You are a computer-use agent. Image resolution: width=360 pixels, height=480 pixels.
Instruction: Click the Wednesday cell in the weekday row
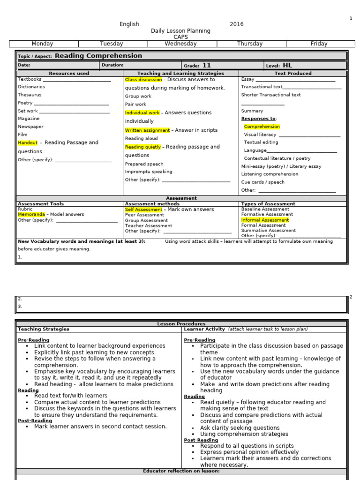pyautogui.click(x=180, y=44)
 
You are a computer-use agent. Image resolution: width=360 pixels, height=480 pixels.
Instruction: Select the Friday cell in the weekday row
pyautogui.click(x=319, y=44)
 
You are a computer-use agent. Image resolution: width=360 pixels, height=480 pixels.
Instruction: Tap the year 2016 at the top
pyautogui.click(x=237, y=24)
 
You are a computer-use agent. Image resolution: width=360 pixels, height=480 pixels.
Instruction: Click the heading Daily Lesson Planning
pyautogui.click(x=180, y=31)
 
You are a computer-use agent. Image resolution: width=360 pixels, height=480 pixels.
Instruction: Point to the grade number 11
pyautogui.click(x=206, y=66)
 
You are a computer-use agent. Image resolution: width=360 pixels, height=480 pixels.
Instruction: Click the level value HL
pyautogui.click(x=287, y=66)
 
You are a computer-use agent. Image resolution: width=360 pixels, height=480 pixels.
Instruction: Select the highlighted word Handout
pyautogui.click(x=28, y=142)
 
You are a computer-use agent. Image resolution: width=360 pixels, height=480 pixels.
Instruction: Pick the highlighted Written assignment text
pyautogui.click(x=147, y=130)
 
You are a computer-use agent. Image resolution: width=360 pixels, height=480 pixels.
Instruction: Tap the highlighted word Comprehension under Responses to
pyautogui.click(x=262, y=127)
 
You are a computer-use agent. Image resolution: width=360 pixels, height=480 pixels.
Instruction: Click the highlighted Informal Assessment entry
pyautogui.click(x=265, y=220)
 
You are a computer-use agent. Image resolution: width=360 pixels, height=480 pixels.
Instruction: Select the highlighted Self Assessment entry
pyautogui.click(x=143, y=210)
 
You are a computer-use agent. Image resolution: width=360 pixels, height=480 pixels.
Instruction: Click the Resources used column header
pyautogui.click(x=69, y=74)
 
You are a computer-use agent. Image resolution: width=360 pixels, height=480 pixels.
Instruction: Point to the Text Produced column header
pyautogui.click(x=293, y=74)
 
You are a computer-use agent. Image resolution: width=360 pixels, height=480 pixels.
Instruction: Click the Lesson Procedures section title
pyautogui.click(x=181, y=324)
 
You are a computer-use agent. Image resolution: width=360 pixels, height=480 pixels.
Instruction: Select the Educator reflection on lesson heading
pyautogui.click(x=181, y=471)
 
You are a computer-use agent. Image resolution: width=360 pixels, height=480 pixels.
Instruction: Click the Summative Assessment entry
pyautogui.click(x=269, y=231)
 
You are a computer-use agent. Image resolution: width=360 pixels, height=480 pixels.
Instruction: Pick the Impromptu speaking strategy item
pyautogui.click(x=149, y=172)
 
